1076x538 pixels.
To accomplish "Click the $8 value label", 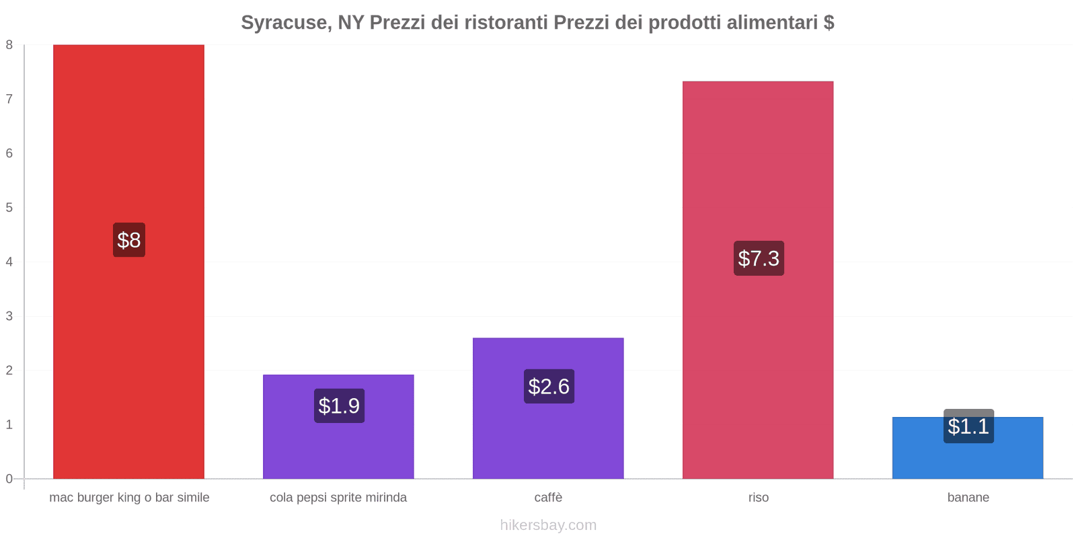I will point(128,240).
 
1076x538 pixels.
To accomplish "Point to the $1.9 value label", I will point(339,406).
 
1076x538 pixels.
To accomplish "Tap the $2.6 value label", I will point(549,386).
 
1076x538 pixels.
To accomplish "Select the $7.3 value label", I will point(759,258).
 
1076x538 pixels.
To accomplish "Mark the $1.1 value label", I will point(968,426).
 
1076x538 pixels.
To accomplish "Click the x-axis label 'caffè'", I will point(548,498).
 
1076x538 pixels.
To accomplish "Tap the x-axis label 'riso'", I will point(758,498).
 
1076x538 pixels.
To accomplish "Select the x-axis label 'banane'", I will point(968,498).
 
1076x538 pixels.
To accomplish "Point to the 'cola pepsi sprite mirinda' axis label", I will point(338,498).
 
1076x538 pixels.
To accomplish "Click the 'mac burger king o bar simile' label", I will point(129,498).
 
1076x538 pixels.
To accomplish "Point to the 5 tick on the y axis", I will point(9,207).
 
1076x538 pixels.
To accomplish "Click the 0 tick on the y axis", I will point(9,479).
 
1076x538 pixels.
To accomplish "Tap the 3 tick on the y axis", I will point(9,316).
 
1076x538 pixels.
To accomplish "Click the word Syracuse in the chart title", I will point(284,23).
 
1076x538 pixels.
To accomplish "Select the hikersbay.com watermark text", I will point(548,525).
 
